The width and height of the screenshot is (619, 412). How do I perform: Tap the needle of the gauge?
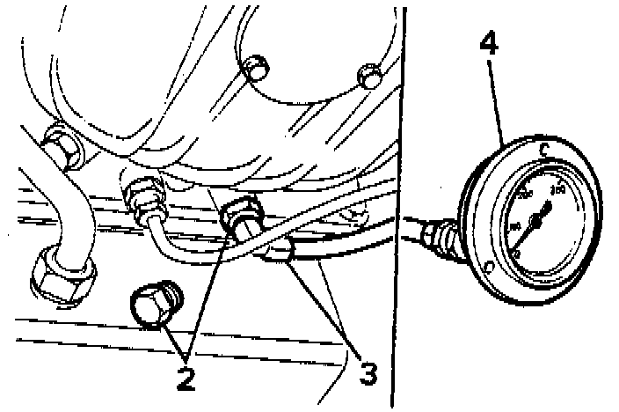tap(539, 218)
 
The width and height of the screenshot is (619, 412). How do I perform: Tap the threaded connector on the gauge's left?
tap(436, 236)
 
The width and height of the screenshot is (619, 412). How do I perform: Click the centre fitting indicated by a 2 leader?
tap(241, 215)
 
